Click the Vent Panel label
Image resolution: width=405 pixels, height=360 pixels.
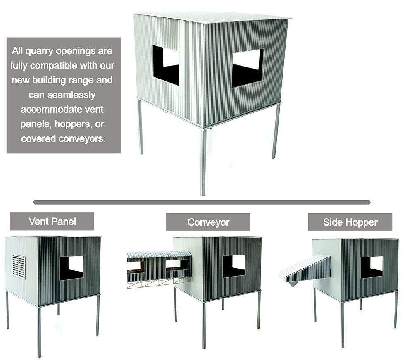[x=52, y=222]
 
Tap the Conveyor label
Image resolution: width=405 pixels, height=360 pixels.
[x=208, y=222]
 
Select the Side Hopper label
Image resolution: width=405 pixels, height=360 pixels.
[x=350, y=222]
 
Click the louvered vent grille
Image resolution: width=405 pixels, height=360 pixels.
[x=19, y=267]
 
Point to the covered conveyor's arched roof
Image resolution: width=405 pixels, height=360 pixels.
[x=159, y=254]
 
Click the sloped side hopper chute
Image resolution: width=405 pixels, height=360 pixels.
[x=305, y=269]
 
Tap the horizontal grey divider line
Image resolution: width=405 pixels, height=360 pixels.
[x=202, y=202]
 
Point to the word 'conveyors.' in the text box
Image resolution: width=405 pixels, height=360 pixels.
[x=82, y=139]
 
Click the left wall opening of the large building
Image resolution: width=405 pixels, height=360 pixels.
[x=166, y=65]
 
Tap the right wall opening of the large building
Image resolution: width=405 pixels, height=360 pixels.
[x=248, y=68]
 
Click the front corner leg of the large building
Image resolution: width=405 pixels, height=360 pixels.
[x=203, y=162]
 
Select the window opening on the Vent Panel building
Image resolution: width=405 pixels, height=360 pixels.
[x=71, y=268]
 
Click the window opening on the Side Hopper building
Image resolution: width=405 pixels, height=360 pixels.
[x=372, y=267]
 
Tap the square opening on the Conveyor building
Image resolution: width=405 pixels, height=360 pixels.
[x=234, y=266]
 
